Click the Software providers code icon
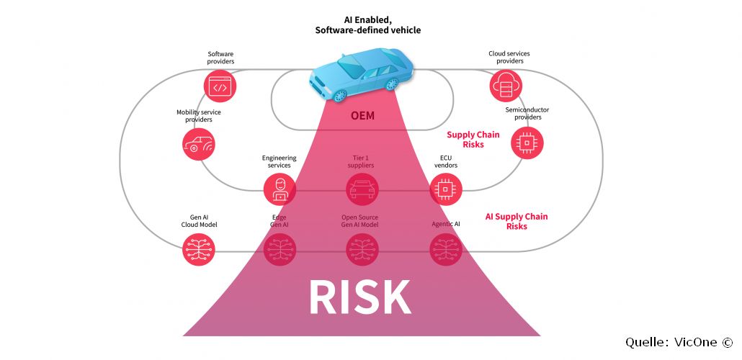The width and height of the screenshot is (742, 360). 220,86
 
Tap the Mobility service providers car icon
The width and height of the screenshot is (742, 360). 199,144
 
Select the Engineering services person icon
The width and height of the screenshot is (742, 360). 280,189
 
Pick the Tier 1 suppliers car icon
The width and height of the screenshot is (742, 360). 362,189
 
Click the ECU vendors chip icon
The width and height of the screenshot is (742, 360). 446,189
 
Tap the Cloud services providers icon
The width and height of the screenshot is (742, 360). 506,86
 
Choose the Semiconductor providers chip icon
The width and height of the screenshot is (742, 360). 527,143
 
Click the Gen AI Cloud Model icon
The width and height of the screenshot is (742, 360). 199,249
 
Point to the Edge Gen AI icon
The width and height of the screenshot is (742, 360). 280,249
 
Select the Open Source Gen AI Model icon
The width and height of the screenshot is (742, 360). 362,249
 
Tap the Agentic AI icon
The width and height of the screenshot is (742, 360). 446,249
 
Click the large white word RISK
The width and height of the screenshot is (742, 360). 360,297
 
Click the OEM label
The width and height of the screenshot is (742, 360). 363,115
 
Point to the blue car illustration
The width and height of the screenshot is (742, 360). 362,75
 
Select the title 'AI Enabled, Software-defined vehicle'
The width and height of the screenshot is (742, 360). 367,25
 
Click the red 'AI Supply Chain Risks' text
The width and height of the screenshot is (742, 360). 517,221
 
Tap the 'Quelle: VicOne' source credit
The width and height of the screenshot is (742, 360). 679,343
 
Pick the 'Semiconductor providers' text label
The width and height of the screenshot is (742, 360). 527,114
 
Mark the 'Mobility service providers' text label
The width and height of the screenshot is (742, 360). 199,116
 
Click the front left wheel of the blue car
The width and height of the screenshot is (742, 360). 340,96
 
